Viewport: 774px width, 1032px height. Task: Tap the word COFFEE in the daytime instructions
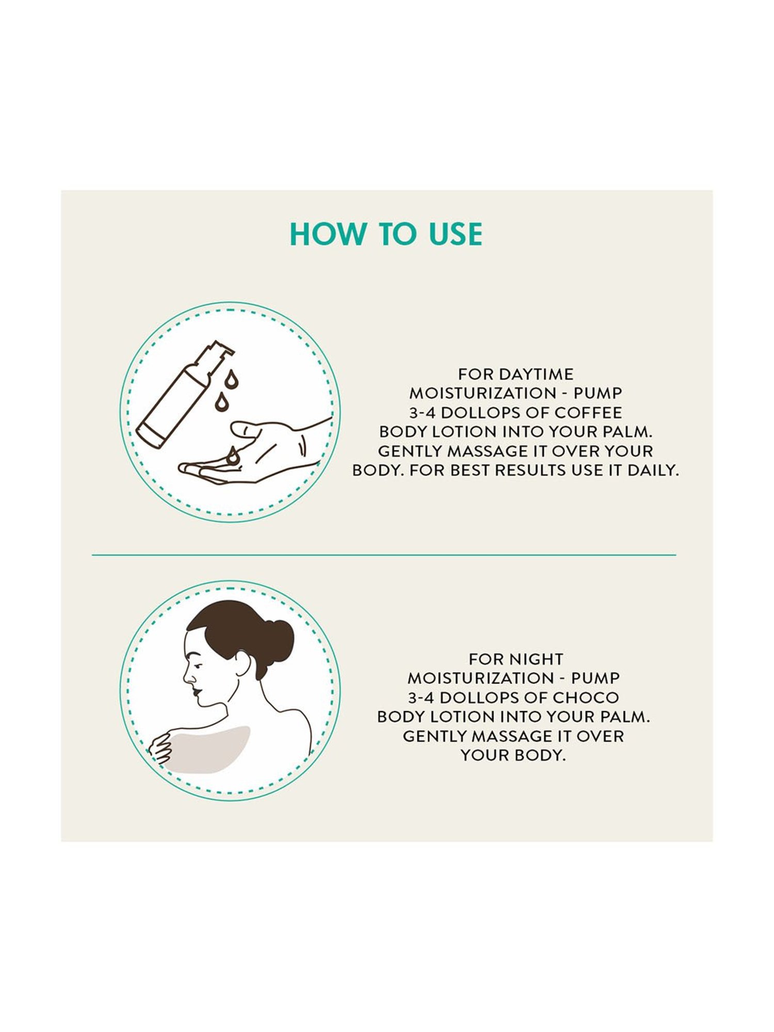588,412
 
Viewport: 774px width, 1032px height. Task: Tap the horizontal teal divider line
384,555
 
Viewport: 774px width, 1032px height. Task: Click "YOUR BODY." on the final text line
513,755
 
